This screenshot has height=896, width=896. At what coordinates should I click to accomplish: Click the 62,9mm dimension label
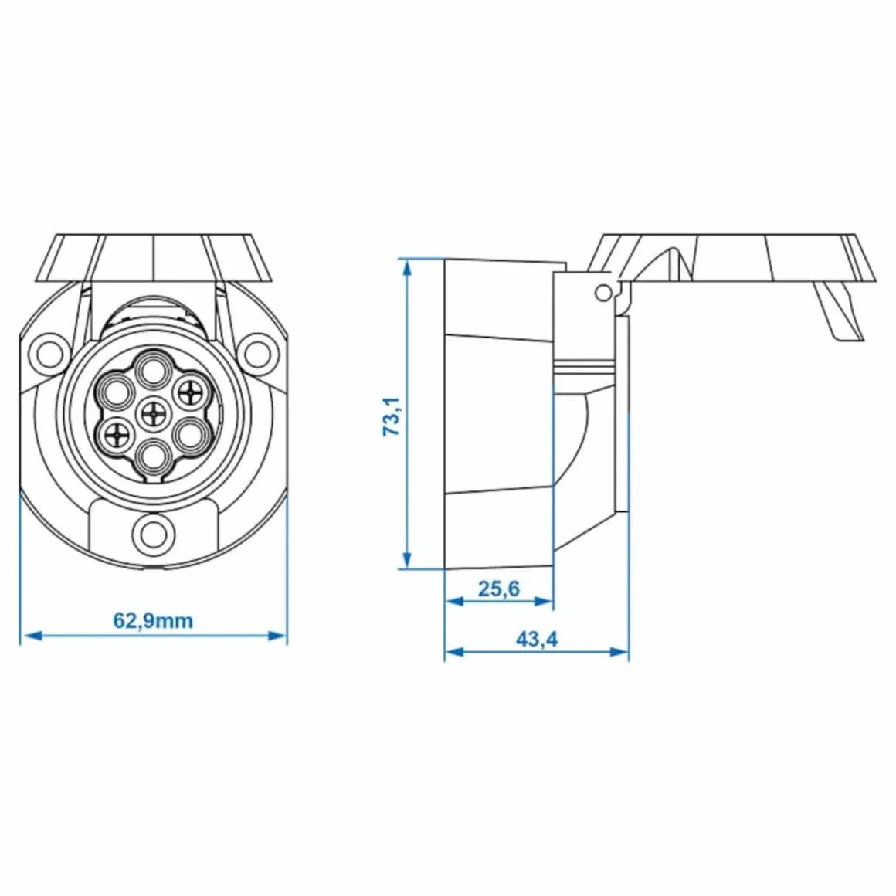click(x=153, y=620)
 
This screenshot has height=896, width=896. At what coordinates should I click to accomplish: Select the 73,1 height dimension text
click(x=392, y=416)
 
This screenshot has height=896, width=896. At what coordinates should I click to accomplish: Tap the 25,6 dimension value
click(x=499, y=588)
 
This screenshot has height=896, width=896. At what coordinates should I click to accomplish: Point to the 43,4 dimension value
click(x=537, y=639)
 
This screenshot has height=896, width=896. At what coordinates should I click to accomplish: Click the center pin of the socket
click(x=153, y=412)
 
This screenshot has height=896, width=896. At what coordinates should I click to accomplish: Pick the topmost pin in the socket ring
click(x=153, y=370)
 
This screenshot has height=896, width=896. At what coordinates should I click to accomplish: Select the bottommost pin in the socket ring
click(x=153, y=454)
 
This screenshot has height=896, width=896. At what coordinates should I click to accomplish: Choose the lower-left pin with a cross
click(x=117, y=435)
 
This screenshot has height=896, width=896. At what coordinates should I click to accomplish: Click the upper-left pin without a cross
click(x=117, y=392)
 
